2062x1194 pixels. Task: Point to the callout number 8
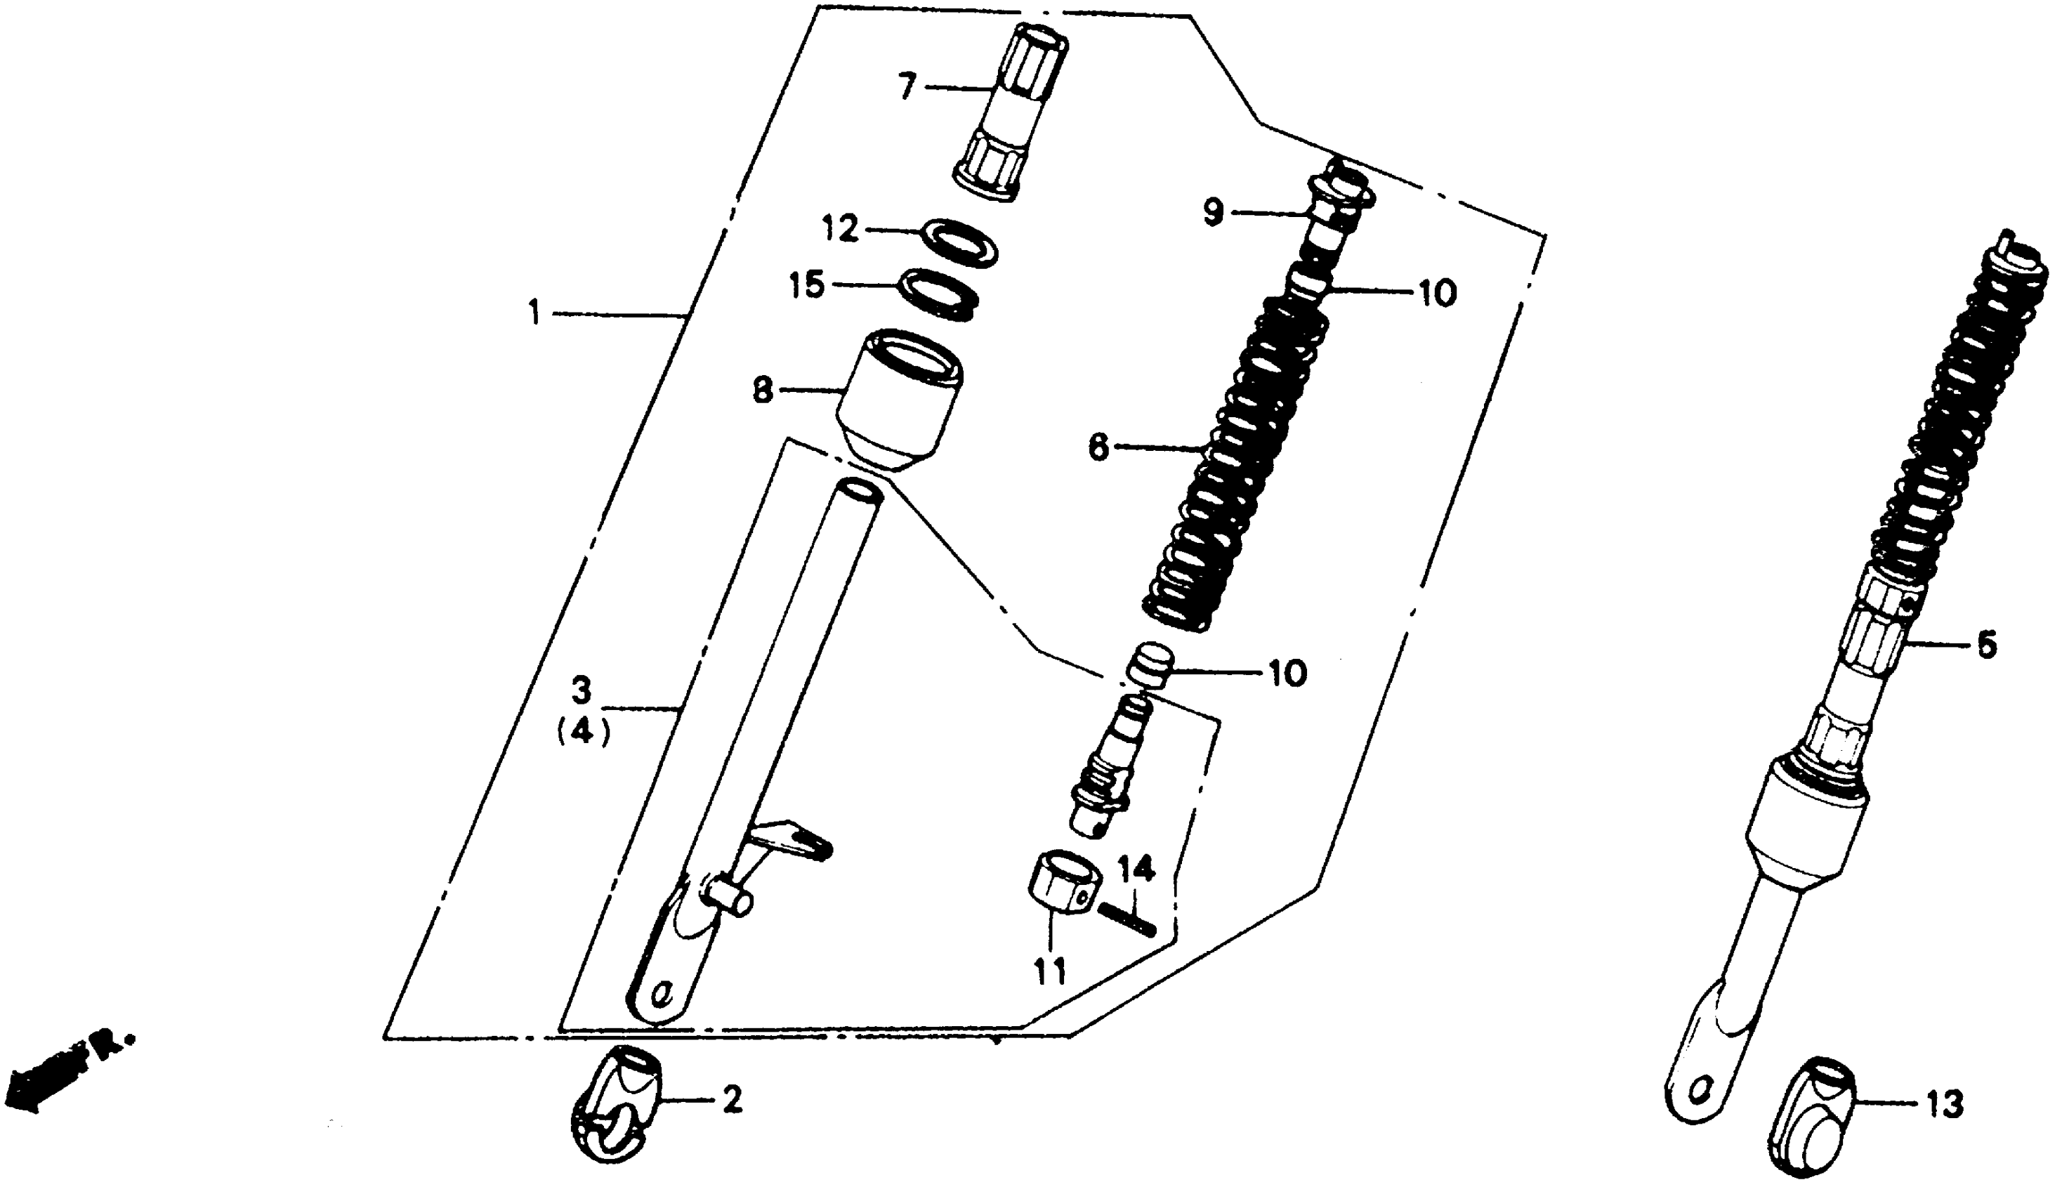(x=763, y=390)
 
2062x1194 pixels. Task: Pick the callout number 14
(x=1136, y=870)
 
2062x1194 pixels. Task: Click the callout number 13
(x=1945, y=1106)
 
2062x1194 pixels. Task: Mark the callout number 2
(x=733, y=1100)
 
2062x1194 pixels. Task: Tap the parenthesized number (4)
(x=584, y=733)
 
